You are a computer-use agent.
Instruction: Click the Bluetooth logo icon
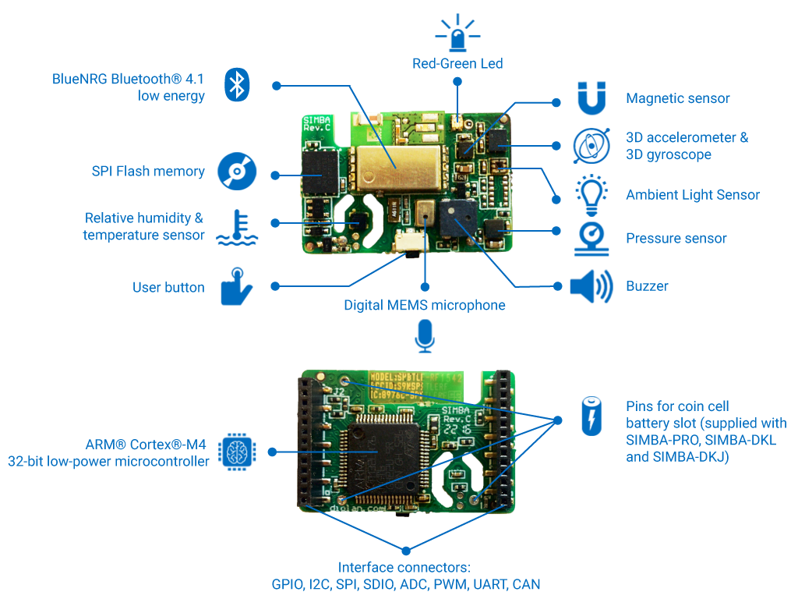(236, 84)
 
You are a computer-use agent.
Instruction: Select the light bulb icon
(591, 194)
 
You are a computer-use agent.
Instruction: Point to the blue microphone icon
(424, 336)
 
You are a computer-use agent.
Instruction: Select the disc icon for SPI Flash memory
(235, 171)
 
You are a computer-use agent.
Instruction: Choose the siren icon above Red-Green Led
(457, 32)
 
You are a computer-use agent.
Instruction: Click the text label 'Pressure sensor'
(676, 239)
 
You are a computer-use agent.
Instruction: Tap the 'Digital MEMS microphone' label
(424, 306)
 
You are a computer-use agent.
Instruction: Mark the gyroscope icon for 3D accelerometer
(591, 146)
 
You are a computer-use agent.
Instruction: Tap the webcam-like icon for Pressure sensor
(591, 239)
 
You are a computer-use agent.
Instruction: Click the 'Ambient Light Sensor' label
(692, 195)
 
